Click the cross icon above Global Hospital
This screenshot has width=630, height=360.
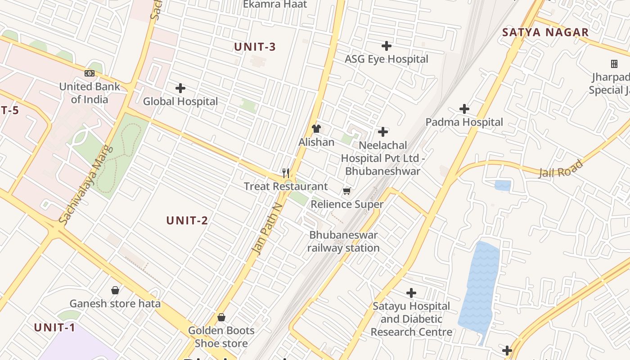180,88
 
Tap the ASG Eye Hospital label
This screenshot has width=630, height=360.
386,59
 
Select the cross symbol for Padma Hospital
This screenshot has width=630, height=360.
464,109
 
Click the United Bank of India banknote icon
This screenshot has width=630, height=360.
90,73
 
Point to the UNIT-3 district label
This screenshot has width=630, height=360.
255,47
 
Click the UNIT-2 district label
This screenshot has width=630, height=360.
187,220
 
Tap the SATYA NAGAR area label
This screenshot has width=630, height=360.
545,32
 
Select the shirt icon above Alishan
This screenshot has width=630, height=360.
316,129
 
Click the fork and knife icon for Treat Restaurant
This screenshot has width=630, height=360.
285,173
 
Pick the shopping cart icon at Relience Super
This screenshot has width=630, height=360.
346,191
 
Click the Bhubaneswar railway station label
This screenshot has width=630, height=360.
343,242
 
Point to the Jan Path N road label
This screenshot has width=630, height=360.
268,229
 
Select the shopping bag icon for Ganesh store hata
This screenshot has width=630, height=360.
115,290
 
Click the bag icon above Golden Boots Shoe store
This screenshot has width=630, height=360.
221,317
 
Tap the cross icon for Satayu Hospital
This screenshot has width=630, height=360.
411,293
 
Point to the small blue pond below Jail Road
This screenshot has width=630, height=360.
503,185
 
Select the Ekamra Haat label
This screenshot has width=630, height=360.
275,4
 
